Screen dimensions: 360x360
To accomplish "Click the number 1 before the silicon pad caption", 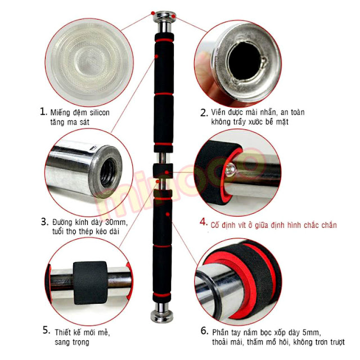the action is pyautogui.click(x=43, y=112).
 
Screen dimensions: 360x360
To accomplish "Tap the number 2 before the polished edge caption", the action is pyautogui.click(x=204, y=112).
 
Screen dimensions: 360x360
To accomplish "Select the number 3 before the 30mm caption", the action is pyautogui.click(x=45, y=222).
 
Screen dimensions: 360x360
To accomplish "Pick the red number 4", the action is pyautogui.click(x=204, y=222).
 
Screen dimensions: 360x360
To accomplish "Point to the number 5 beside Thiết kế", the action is pyautogui.click(x=46, y=330).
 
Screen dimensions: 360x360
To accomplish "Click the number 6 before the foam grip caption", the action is pyautogui.click(x=204, y=331).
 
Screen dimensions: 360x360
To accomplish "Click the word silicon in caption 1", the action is pyautogui.click(x=100, y=112).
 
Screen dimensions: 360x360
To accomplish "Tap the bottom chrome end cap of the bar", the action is pyautogui.click(x=161, y=316).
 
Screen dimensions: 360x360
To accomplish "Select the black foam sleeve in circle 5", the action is pyautogui.click(x=90, y=282).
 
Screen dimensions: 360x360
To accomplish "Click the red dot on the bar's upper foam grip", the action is pyautogui.click(x=156, y=56).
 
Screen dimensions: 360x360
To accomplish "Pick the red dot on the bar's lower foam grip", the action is pyautogui.click(x=168, y=214).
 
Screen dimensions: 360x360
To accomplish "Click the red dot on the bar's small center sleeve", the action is pyautogui.click(x=166, y=172).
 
